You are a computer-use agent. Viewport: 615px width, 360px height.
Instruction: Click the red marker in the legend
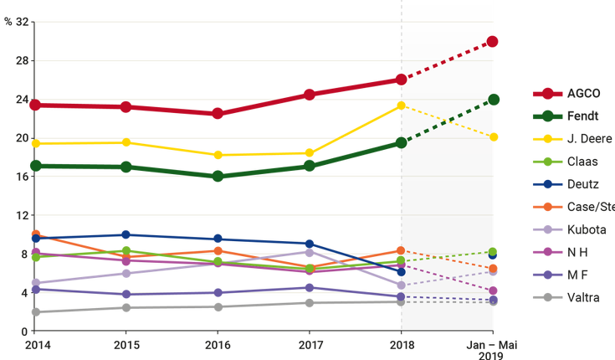pyautogui.click(x=548, y=93)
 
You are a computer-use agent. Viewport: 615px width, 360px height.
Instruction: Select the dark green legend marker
pyautogui.click(x=548, y=116)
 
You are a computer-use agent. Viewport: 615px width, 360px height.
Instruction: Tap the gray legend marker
pyautogui.click(x=548, y=296)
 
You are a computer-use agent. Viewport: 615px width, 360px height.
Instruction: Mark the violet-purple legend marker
pyautogui.click(x=548, y=274)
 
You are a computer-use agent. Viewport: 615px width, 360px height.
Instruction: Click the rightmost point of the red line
pyautogui.click(x=494, y=41)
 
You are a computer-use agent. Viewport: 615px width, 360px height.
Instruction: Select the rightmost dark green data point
pyautogui.click(x=494, y=99)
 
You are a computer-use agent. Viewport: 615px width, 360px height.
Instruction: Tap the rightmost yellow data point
pyautogui.click(x=494, y=136)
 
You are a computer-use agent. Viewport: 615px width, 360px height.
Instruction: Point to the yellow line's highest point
pyautogui.click(x=400, y=105)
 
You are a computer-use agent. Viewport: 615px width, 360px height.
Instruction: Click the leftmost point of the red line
pyautogui.click(x=34, y=105)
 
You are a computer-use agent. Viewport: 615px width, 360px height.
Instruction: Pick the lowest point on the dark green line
pyautogui.click(x=218, y=177)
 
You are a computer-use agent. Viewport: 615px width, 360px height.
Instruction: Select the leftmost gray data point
pyautogui.click(x=34, y=312)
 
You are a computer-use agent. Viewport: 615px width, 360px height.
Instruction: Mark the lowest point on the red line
pyautogui.click(x=218, y=114)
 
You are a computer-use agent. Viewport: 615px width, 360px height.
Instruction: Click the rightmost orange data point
pyautogui.click(x=494, y=269)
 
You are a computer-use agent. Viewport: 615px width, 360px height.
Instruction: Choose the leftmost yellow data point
pyautogui.click(x=34, y=144)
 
